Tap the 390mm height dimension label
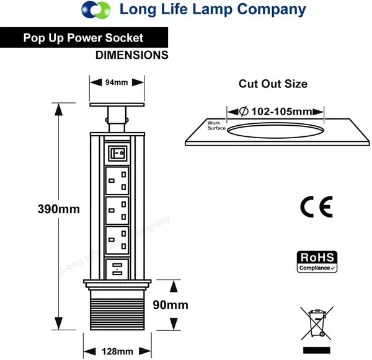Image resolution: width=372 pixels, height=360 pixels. tap(58, 209)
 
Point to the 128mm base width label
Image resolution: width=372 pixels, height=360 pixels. tap(117, 351)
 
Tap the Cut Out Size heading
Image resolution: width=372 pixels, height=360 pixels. tap(273, 84)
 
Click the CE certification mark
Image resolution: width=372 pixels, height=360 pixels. tap(316, 206)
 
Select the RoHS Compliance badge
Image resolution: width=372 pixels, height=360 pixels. tap(317, 261)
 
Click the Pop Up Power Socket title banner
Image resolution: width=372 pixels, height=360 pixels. tap(84, 38)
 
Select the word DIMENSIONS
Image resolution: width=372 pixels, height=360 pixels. tap(131, 55)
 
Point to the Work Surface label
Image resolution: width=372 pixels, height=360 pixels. tap(216, 125)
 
